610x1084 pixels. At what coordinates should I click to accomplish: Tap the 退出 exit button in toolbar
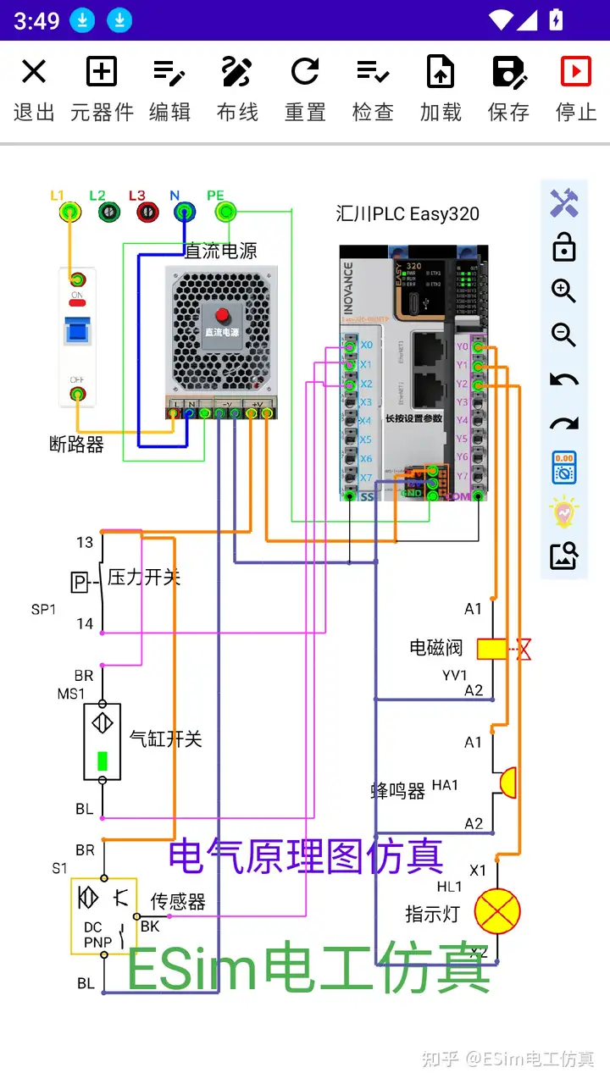click(34, 89)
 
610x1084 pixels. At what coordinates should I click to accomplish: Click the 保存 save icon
click(508, 89)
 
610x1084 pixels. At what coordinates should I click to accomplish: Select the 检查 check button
click(373, 89)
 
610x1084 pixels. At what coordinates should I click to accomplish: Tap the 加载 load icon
click(441, 89)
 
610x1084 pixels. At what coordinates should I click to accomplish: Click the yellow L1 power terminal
click(69, 212)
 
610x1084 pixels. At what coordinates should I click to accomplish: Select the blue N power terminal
click(183, 212)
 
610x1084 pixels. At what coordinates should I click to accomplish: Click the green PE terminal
click(225, 212)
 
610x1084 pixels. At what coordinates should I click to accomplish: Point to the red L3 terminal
click(146, 212)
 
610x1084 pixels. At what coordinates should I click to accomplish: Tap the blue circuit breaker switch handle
click(77, 331)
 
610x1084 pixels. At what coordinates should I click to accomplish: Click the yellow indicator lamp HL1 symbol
click(497, 912)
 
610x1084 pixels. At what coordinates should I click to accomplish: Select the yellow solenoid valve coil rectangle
click(492, 649)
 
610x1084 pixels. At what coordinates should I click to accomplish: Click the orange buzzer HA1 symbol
click(507, 783)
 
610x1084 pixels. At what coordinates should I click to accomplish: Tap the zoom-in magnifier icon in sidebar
click(563, 291)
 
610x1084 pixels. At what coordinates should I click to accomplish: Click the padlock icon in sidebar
click(563, 248)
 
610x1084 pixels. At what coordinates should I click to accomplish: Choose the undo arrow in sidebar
click(563, 380)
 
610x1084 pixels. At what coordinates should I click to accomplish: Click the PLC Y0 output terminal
click(479, 347)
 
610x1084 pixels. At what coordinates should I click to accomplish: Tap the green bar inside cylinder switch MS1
click(103, 760)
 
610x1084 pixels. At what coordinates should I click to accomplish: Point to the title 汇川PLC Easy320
click(408, 213)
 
